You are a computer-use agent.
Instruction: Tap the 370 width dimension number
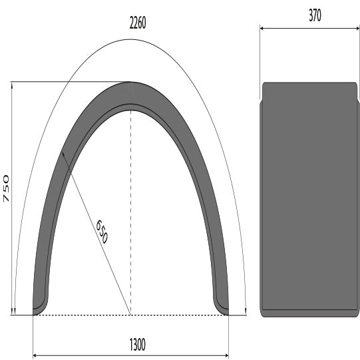click(x=310, y=16)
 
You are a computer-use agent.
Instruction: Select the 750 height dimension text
click(x=6, y=188)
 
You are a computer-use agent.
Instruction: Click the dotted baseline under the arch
click(x=130, y=315)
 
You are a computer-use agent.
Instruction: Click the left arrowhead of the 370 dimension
click(x=262, y=28)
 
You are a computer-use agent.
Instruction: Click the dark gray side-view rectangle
click(x=309, y=200)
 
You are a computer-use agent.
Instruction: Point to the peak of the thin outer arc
click(x=130, y=39)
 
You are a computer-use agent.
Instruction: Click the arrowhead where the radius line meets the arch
click(x=62, y=153)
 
